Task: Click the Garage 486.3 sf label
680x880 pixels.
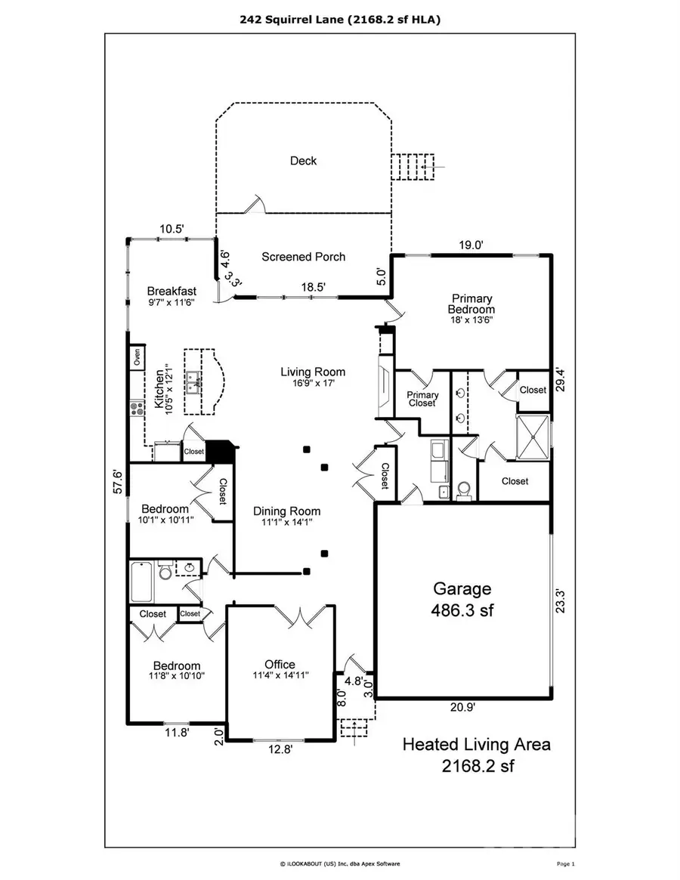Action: click(x=462, y=599)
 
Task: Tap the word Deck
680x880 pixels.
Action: click(x=303, y=161)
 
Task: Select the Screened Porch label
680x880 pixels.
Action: click(x=303, y=257)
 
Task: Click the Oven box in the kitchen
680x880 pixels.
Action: click(x=138, y=357)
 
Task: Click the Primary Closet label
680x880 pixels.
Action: click(x=422, y=399)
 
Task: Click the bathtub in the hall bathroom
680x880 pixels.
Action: click(x=143, y=580)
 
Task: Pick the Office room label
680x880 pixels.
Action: click(x=280, y=665)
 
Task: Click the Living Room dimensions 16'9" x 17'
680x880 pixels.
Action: click(x=313, y=384)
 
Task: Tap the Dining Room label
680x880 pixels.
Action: click(x=286, y=511)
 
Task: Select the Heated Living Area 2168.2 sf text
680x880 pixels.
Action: click(x=476, y=755)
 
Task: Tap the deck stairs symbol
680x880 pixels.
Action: click(x=413, y=166)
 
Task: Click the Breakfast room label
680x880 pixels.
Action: click(x=172, y=291)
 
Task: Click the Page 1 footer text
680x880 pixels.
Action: click(x=566, y=863)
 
